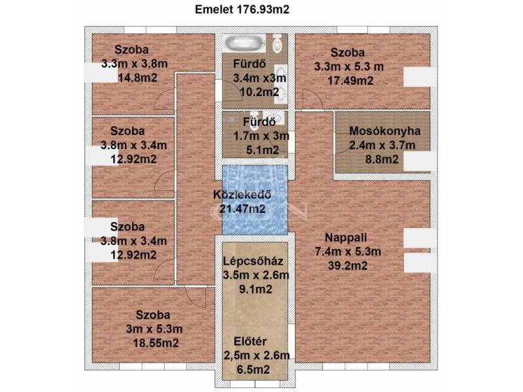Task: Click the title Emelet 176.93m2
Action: [x=242, y=10]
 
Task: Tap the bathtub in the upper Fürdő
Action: [x=244, y=43]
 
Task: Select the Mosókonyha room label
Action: [x=384, y=131]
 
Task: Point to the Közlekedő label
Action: [x=242, y=194]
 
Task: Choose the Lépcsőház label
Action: [x=253, y=261]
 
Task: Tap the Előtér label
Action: [x=250, y=341]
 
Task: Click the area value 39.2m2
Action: [x=348, y=266]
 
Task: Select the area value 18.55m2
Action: [x=156, y=342]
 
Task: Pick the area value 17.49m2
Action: [x=350, y=80]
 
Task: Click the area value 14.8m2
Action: [x=138, y=78]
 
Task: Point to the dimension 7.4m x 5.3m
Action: [x=348, y=252]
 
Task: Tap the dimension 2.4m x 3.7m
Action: [x=382, y=145]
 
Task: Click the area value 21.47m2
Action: [x=243, y=208]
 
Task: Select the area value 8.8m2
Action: [x=382, y=159]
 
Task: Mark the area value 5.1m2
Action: [x=263, y=150]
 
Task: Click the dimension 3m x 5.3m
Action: [x=154, y=329]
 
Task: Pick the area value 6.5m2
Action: [x=253, y=369]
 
